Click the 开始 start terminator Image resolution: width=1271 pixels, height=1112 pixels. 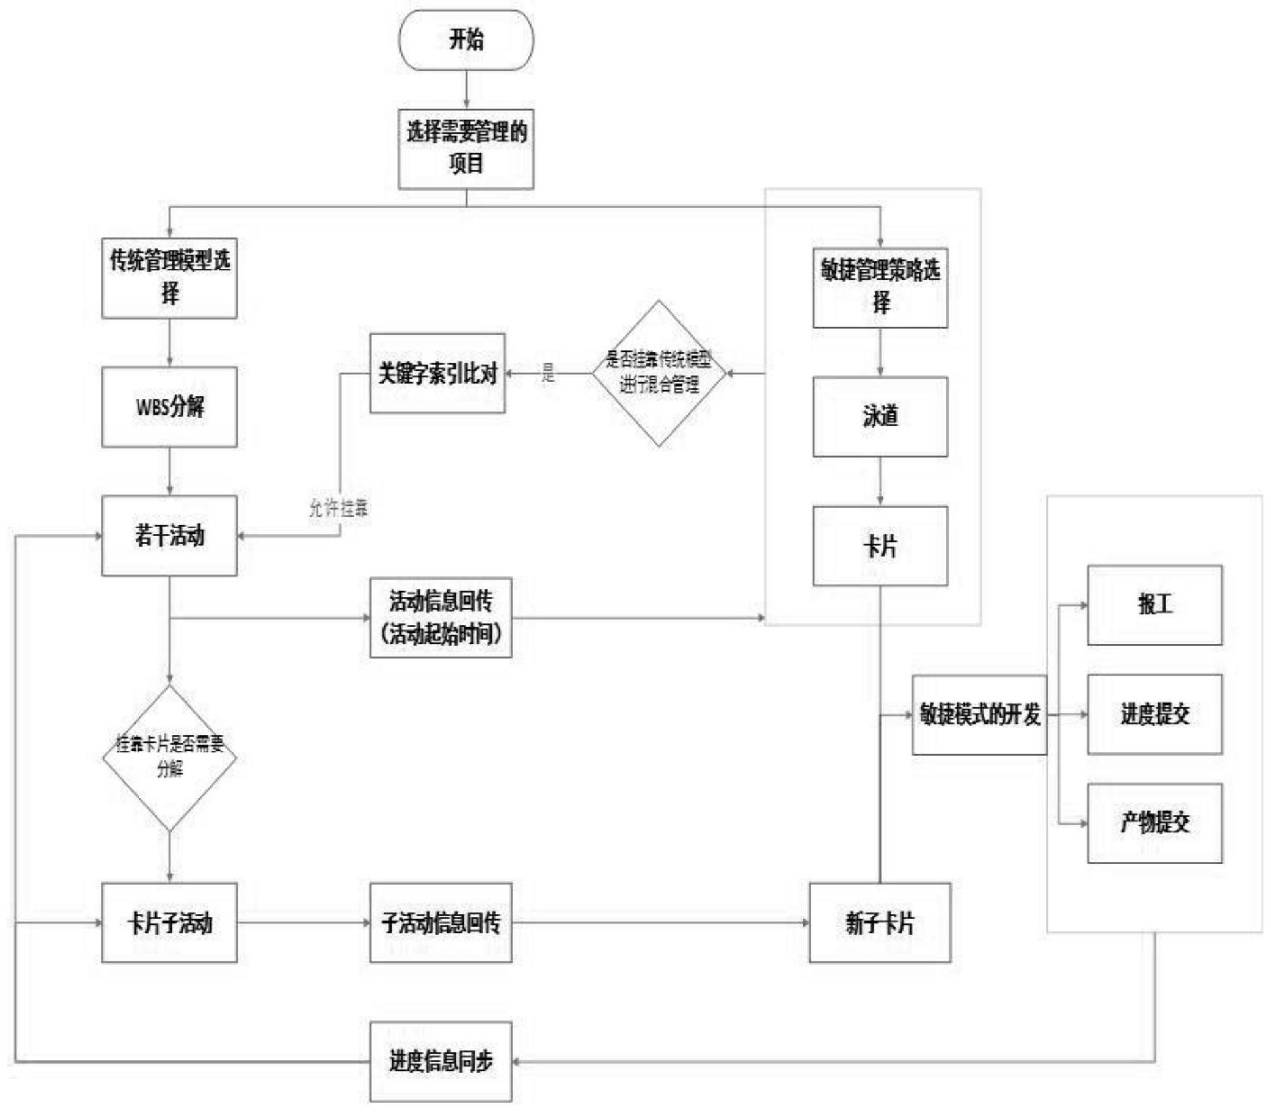pyautogui.click(x=466, y=40)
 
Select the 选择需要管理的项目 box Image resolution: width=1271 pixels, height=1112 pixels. pyautogui.click(x=466, y=149)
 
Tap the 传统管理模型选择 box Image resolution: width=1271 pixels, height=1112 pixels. pyautogui.click(x=170, y=278)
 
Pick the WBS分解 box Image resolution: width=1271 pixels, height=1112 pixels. pyautogui.click(x=170, y=407)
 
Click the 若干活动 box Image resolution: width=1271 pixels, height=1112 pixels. pyautogui.click(x=170, y=536)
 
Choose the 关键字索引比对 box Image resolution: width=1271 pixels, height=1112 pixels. pyautogui.click(x=437, y=373)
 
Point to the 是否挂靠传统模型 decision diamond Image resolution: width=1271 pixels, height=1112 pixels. pyautogui.click(x=659, y=373)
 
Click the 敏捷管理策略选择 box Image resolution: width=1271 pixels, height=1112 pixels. pyautogui.click(x=880, y=288)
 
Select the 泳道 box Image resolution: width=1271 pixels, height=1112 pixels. pyautogui.click(x=880, y=417)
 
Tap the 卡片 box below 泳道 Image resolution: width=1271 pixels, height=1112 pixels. pyautogui.click(x=880, y=546)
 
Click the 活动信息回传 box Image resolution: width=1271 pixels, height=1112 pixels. pyautogui.click(x=441, y=618)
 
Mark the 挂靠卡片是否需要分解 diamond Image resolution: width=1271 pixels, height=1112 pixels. pyautogui.click(x=170, y=758)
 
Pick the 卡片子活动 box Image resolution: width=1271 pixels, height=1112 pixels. pyautogui.click(x=170, y=923)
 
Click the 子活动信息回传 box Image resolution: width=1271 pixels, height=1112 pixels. pyautogui.click(x=441, y=923)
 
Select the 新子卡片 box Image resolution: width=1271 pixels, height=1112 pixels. pyautogui.click(x=880, y=923)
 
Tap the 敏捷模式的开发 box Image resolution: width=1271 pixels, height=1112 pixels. pyautogui.click(x=980, y=715)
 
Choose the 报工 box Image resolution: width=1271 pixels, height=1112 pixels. pyautogui.click(x=1155, y=605)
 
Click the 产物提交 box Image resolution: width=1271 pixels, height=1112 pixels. pyautogui.click(x=1155, y=823)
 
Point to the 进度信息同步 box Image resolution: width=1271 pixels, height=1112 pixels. pyautogui.click(x=441, y=1062)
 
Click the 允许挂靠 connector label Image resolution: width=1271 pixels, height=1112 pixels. pyautogui.click(x=339, y=508)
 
